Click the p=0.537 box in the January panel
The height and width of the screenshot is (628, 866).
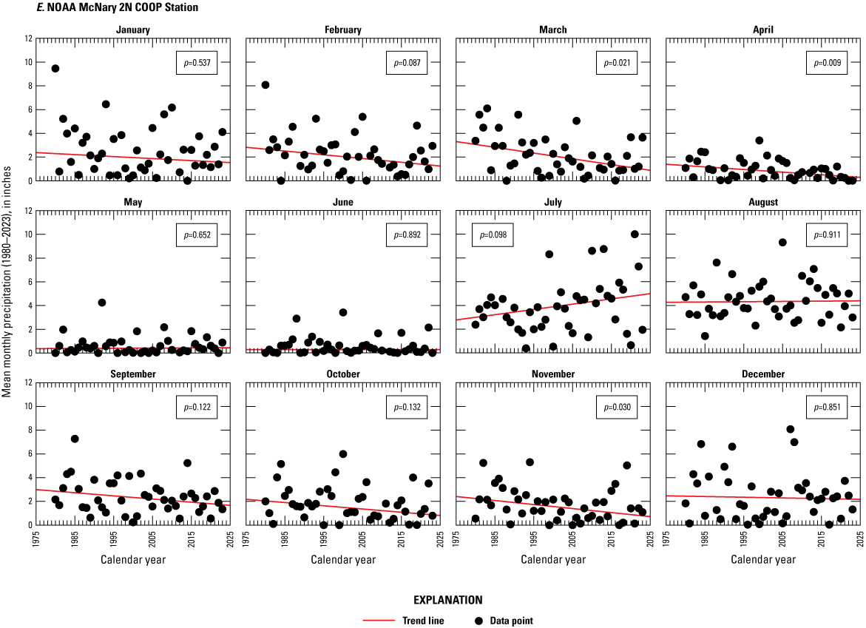click(x=194, y=64)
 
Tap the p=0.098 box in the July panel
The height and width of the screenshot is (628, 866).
click(x=492, y=235)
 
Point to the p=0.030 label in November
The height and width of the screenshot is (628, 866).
click(x=615, y=408)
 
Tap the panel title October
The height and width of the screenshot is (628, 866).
click(x=343, y=374)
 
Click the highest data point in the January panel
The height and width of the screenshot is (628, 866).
click(x=55, y=69)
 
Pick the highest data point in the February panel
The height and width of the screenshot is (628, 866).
click(x=265, y=85)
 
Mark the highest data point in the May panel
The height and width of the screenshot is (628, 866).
click(x=102, y=303)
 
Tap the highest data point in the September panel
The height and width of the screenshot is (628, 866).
click(x=75, y=439)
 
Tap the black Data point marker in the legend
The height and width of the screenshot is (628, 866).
click(x=478, y=621)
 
